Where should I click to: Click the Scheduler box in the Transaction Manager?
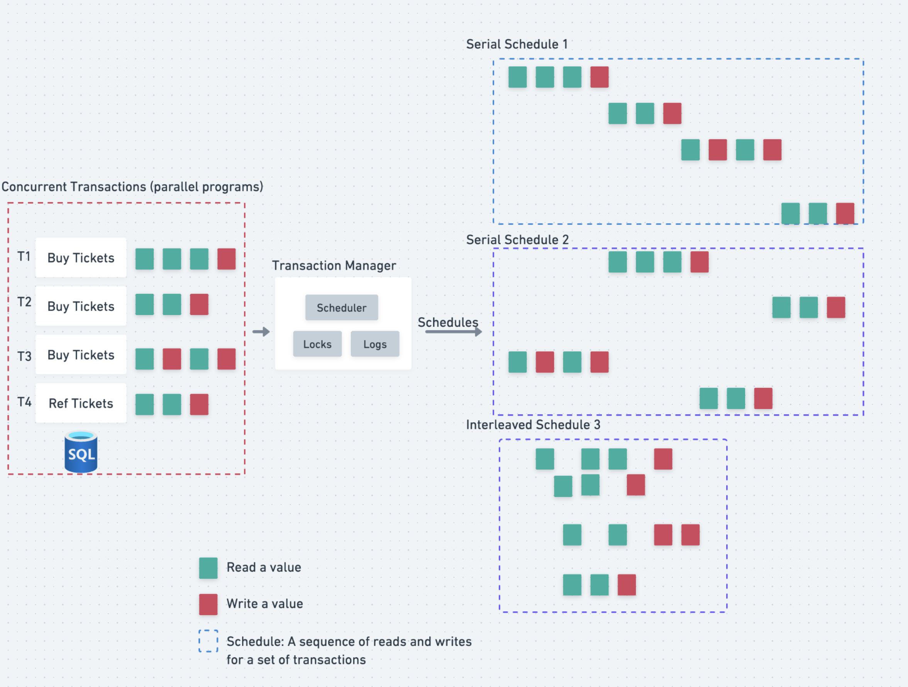pyautogui.click(x=342, y=307)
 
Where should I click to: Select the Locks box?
pyautogui.click(x=317, y=344)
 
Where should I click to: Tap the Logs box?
pyautogui.click(x=375, y=344)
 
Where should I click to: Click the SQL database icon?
pyautogui.click(x=81, y=452)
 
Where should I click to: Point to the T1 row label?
pyautogui.click(x=24, y=257)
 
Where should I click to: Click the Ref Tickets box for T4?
pyautogui.click(x=81, y=403)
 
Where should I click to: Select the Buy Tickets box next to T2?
pyautogui.click(x=81, y=306)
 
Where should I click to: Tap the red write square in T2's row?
pyautogui.click(x=199, y=305)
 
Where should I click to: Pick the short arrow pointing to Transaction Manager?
pyautogui.click(x=261, y=332)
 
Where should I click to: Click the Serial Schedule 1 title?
pyautogui.click(x=517, y=44)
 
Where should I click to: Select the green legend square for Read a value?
pyautogui.click(x=208, y=568)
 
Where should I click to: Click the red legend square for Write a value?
pyautogui.click(x=208, y=604)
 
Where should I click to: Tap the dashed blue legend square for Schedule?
pyautogui.click(x=208, y=641)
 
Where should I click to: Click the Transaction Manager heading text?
pyautogui.click(x=334, y=266)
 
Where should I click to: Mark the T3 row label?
pyautogui.click(x=24, y=356)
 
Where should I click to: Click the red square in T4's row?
pyautogui.click(x=199, y=404)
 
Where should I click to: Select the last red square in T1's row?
pyautogui.click(x=226, y=259)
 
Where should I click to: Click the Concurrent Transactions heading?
pyautogui.click(x=132, y=187)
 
